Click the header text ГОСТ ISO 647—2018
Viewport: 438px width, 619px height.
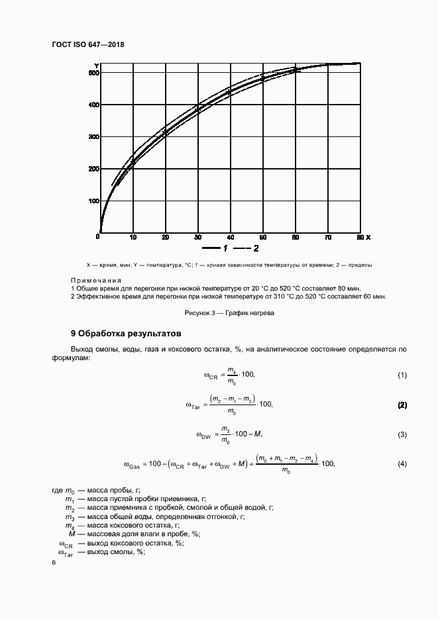[88, 45]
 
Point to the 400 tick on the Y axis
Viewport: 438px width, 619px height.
[93, 105]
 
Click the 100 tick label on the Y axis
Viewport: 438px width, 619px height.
[93, 201]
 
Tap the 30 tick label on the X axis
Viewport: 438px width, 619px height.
[197, 237]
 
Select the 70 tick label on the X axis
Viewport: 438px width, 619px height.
[327, 237]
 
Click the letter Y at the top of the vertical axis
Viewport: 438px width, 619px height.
[97, 66]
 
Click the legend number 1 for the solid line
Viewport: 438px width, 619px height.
[225, 248]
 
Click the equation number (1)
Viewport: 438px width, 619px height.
[402, 375]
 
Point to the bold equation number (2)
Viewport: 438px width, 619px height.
[402, 405]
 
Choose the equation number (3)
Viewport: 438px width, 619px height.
[402, 434]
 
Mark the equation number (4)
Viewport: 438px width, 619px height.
[402, 464]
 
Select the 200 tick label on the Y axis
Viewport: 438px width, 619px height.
[93, 169]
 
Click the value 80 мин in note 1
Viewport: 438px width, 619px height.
[350, 289]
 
